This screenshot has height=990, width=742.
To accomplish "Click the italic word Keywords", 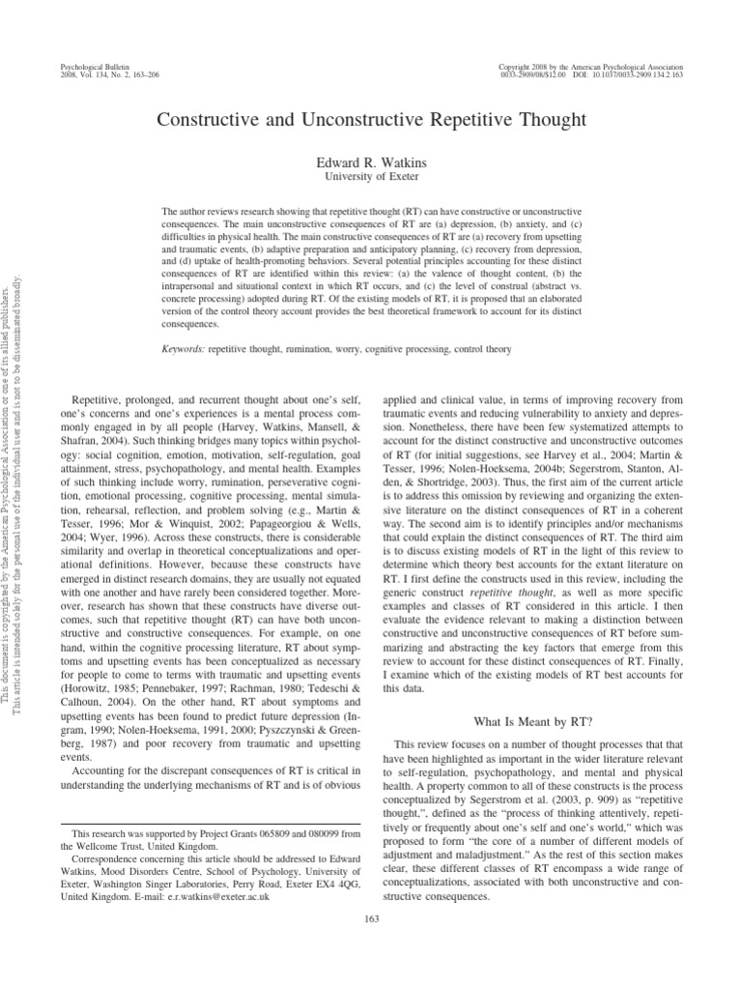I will pos(181,348).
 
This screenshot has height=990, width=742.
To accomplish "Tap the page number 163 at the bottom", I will pos(370,917).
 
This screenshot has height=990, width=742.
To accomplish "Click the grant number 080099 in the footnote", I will pos(303,833).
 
